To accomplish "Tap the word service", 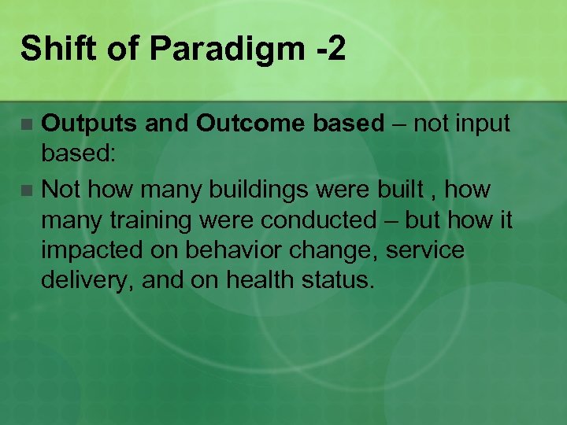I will [x=426, y=251].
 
